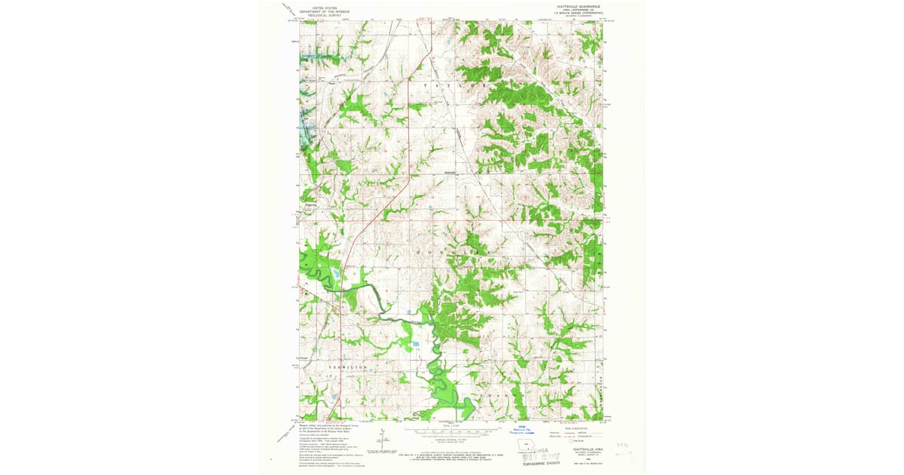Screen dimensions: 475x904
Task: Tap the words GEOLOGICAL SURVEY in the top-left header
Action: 323,16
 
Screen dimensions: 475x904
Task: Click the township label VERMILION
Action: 348,366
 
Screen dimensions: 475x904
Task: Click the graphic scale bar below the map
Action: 450,432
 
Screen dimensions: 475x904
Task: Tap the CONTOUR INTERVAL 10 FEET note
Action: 450,440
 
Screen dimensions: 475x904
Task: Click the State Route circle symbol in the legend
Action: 572,440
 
